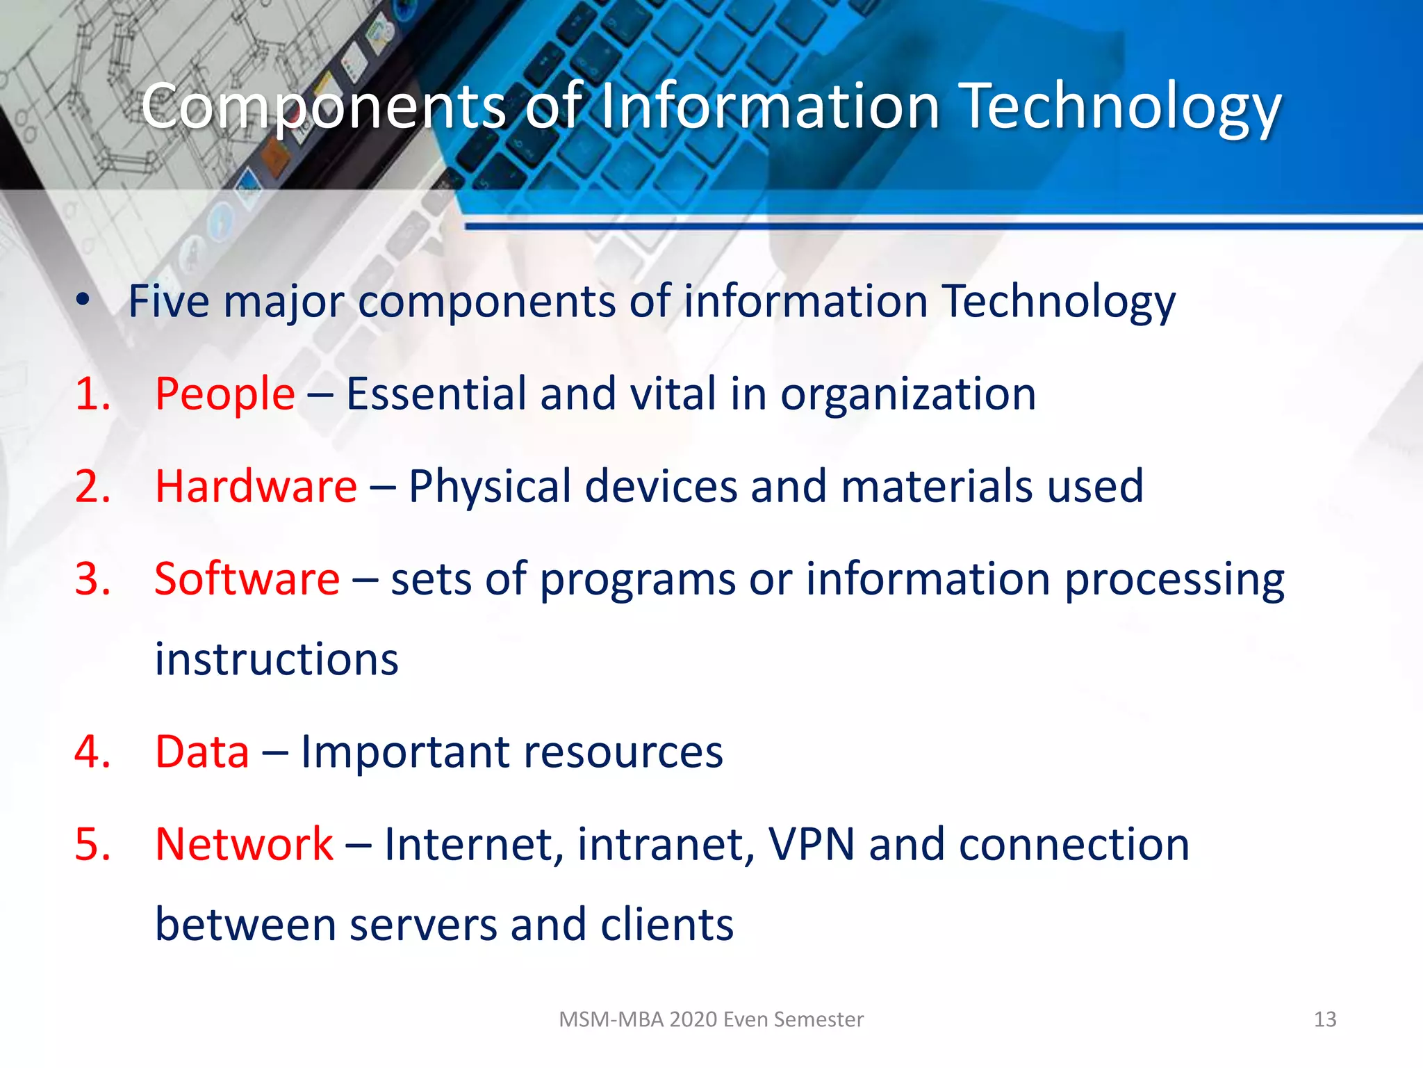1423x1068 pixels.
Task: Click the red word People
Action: tap(224, 394)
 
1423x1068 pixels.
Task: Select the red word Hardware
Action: tap(256, 486)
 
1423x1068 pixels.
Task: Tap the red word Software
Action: tap(247, 578)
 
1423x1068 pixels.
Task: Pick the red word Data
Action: tap(201, 752)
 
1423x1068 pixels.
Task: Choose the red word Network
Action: tap(244, 844)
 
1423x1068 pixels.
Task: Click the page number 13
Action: tap(1325, 1019)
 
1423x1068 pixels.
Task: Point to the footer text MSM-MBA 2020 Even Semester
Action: tap(711, 1019)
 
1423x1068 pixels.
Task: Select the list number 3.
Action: tap(92, 578)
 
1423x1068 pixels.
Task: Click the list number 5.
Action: tap(92, 844)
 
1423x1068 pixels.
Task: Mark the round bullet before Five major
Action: tap(83, 300)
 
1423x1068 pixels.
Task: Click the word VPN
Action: tap(811, 844)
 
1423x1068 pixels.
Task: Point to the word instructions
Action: tap(277, 659)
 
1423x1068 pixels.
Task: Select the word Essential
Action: tap(436, 394)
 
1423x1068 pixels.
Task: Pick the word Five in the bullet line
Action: tap(168, 302)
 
